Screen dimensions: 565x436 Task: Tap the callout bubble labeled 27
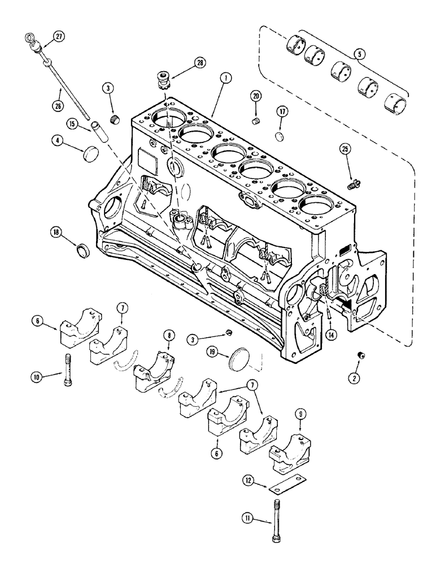pyautogui.click(x=59, y=37)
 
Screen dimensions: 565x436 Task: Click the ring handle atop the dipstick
pyautogui.click(x=30, y=40)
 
